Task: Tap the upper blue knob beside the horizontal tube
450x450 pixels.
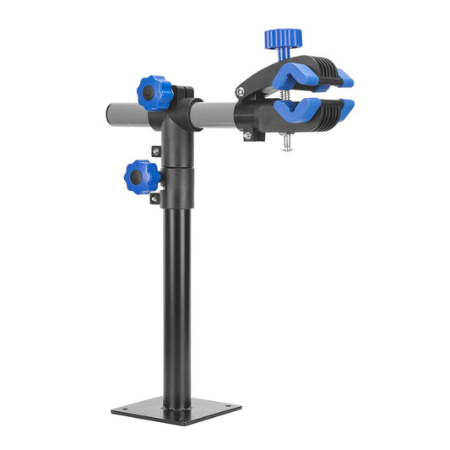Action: [x=155, y=92]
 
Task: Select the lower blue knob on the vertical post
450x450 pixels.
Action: [x=141, y=176]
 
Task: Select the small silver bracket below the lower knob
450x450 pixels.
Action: [x=155, y=199]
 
